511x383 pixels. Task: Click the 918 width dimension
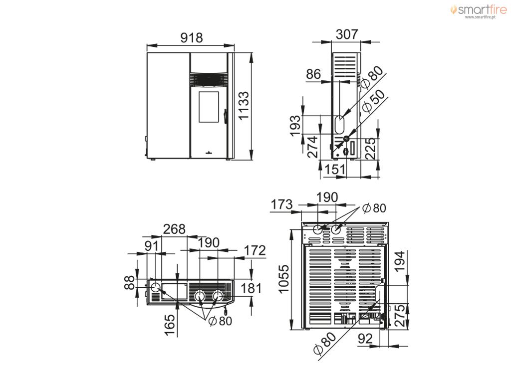192,38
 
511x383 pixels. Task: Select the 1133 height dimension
243,106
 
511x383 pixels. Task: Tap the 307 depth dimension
347,34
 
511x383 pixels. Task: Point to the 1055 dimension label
284,279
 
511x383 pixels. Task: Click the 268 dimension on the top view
174,229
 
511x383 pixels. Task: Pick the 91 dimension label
151,246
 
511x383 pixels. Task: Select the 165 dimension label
170,325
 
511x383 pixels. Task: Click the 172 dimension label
255,250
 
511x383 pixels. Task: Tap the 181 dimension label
251,288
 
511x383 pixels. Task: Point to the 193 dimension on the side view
295,126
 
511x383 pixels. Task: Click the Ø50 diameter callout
373,102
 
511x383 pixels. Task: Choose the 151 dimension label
335,170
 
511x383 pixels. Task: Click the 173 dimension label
282,204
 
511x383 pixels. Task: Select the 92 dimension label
365,339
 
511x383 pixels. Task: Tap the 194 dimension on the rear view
400,261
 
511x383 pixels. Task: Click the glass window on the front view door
209,107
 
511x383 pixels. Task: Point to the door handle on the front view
225,116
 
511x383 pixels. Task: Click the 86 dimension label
313,74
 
